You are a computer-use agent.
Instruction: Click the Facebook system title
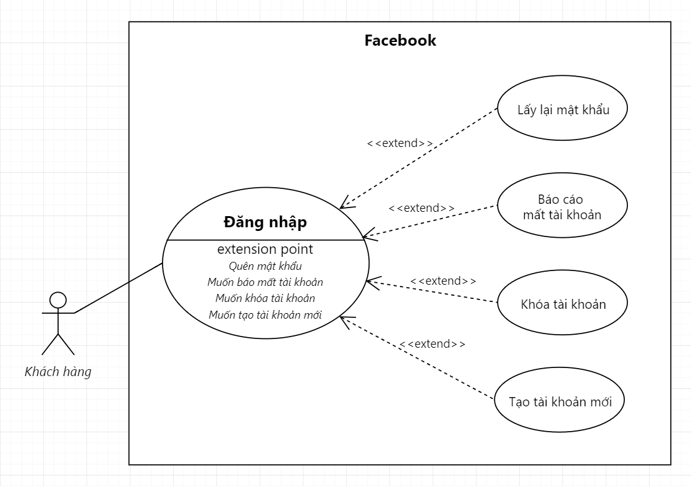(400, 41)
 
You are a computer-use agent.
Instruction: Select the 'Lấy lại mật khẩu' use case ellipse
(563, 110)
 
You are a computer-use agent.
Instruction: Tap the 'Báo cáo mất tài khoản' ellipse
(562, 207)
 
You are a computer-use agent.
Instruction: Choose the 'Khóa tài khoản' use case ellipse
(562, 304)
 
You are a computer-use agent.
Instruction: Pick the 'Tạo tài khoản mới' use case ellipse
(560, 401)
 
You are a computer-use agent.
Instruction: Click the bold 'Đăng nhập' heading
(265, 222)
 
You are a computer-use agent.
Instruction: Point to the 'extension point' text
(265, 249)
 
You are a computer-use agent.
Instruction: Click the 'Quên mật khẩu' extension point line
(265, 266)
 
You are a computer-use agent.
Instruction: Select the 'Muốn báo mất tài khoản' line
(265, 282)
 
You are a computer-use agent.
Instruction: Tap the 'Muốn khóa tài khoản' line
(265, 298)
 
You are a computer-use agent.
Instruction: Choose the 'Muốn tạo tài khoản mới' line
(265, 314)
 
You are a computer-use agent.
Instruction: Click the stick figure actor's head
(57, 300)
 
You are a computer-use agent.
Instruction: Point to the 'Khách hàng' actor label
(57, 372)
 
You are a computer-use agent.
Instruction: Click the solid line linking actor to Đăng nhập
(117, 288)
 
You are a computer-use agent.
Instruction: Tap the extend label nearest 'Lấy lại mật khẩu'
(400, 143)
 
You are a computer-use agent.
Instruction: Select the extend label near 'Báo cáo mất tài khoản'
(422, 207)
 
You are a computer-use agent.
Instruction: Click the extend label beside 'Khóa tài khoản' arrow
(443, 281)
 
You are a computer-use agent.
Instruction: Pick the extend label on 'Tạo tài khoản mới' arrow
(432, 344)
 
